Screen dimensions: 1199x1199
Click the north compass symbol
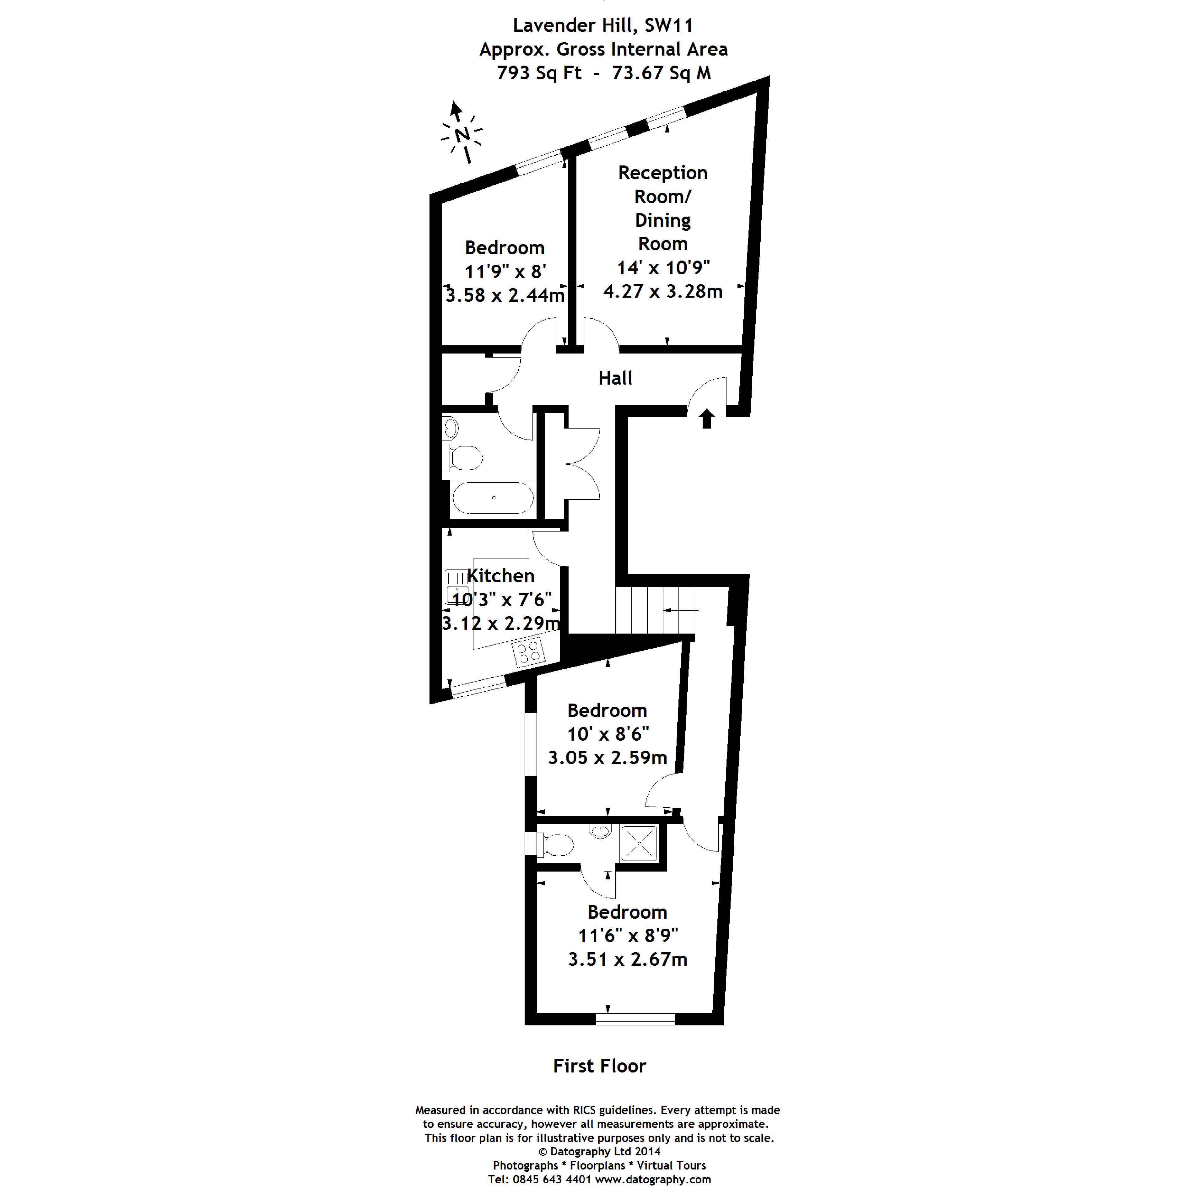pyautogui.click(x=461, y=133)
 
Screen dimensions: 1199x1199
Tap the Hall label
pyautogui.click(x=615, y=378)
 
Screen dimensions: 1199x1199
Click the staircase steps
pyautogui.click(x=655, y=610)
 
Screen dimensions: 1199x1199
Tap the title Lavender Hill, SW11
pyautogui.click(x=602, y=25)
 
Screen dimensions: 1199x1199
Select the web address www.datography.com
pyautogui.click(x=653, y=1179)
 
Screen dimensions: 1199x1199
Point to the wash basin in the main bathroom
pyautogui.click(x=451, y=428)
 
